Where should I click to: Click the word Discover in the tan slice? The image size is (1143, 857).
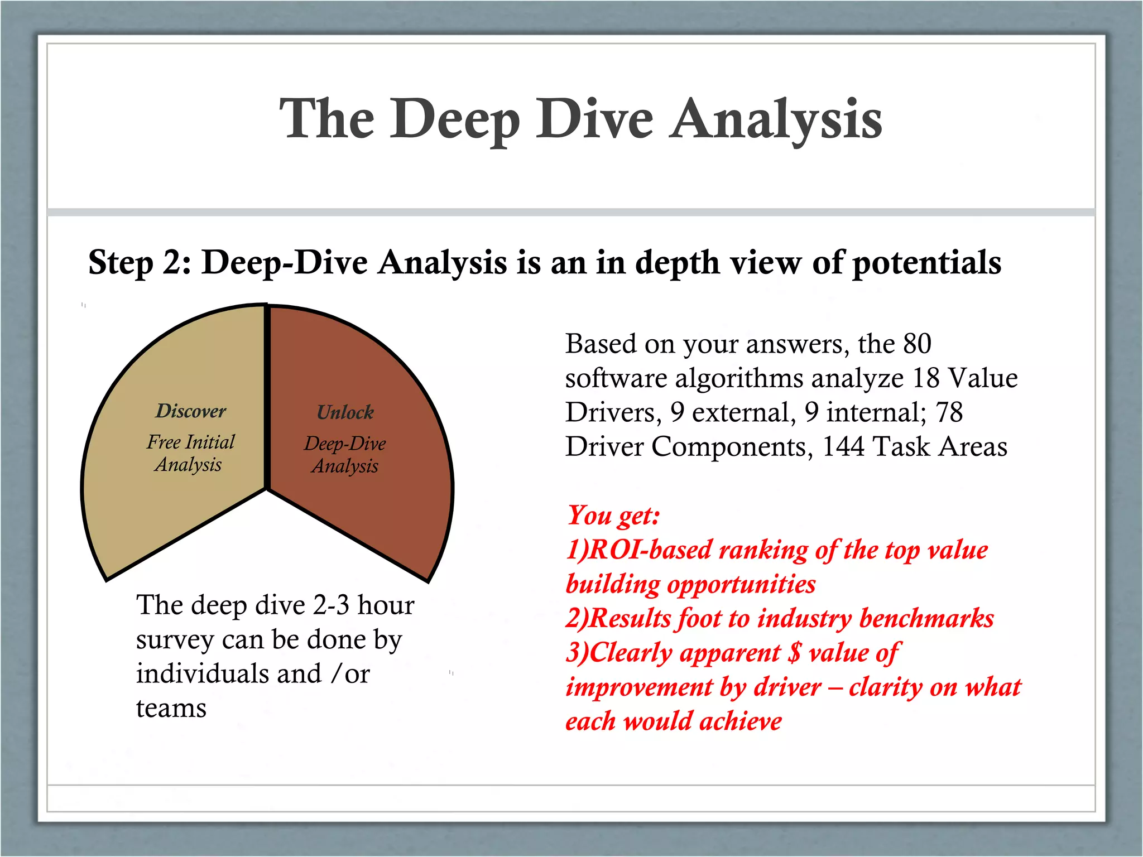[x=191, y=411]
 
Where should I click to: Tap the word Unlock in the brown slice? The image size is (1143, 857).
[x=345, y=412]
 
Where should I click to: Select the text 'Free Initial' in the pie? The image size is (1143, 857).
[x=191, y=442]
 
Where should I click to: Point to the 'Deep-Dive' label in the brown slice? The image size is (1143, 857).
[x=345, y=444]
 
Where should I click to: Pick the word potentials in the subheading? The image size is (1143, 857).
[x=927, y=262]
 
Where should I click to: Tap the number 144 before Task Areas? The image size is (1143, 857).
[x=843, y=446]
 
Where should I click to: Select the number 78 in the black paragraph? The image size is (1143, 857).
[x=949, y=412]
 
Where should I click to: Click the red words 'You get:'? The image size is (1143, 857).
[x=613, y=515]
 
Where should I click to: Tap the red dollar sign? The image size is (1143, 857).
[x=794, y=652]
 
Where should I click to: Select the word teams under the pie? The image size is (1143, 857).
[x=171, y=709]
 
